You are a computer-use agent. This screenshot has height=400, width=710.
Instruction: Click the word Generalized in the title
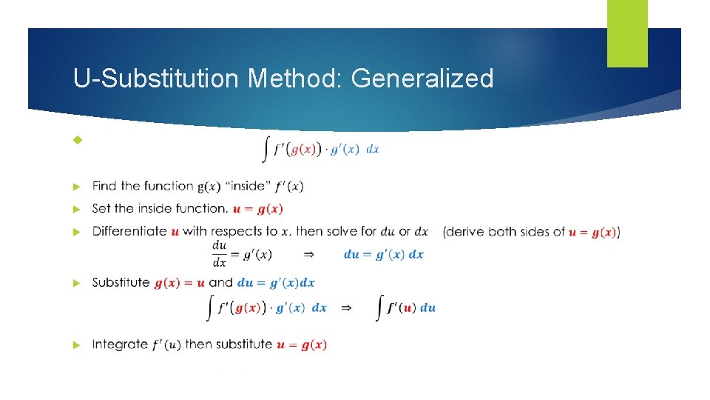click(422, 79)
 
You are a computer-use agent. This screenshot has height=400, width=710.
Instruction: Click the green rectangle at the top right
click(627, 33)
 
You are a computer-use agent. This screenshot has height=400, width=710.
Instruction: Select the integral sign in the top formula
click(265, 150)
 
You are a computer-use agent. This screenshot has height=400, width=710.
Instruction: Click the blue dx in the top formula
click(373, 150)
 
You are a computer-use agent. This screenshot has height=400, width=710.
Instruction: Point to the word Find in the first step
click(104, 186)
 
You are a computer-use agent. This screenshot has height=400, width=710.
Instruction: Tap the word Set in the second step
click(101, 209)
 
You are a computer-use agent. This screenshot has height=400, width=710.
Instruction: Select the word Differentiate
click(129, 231)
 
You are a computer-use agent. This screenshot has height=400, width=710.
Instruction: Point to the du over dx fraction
click(220, 254)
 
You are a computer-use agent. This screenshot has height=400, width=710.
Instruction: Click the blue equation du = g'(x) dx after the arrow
click(383, 254)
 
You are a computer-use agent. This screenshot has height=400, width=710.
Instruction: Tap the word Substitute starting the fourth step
click(121, 283)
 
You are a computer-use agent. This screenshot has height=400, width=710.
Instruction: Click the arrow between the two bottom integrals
click(345, 307)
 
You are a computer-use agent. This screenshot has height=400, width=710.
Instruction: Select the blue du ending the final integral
click(428, 308)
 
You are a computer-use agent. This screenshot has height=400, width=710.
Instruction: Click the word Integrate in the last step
click(118, 344)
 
